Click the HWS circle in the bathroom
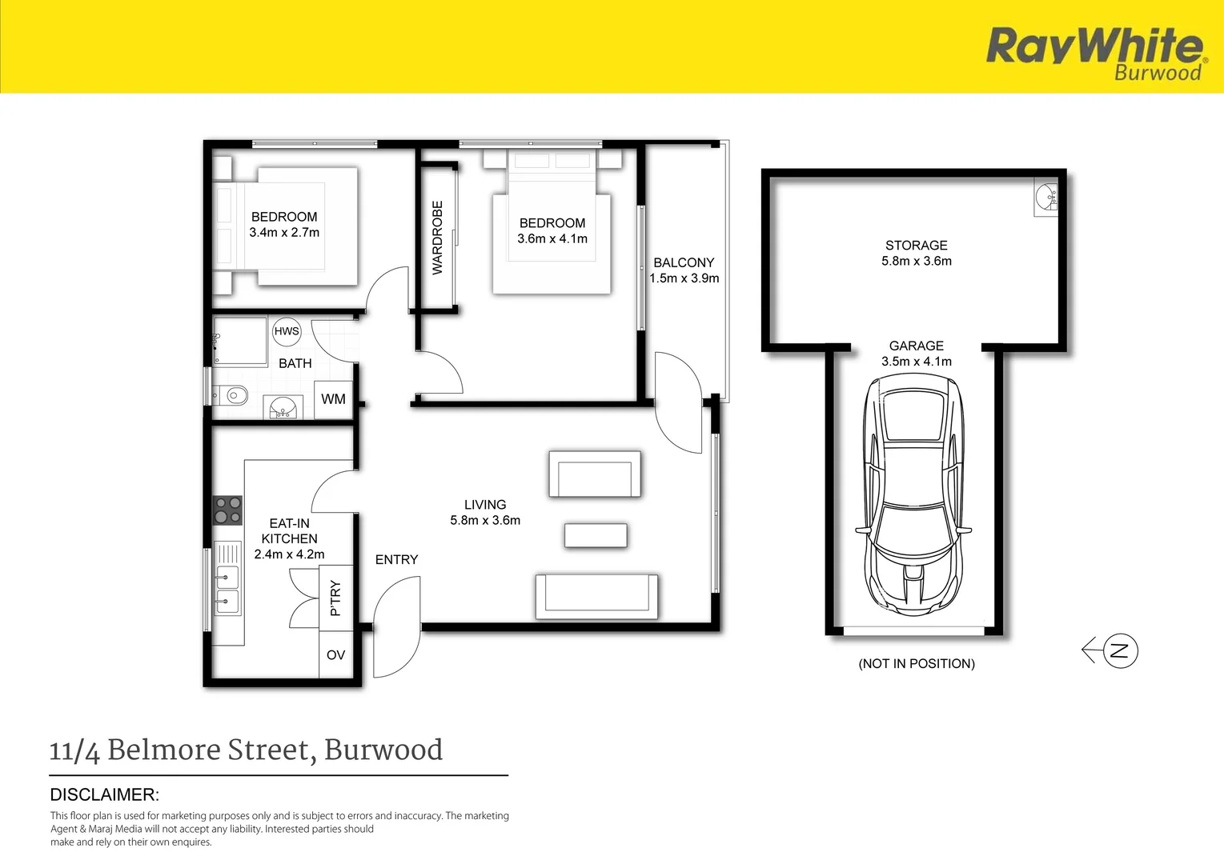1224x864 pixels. (x=287, y=331)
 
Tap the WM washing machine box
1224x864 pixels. (x=333, y=399)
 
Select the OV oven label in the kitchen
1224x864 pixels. (x=335, y=655)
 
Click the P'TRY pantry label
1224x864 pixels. (x=335, y=598)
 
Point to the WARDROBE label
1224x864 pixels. (x=438, y=238)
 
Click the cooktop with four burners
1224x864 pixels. (x=227, y=510)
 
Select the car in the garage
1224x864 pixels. (x=913, y=495)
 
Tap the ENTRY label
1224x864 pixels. (x=397, y=559)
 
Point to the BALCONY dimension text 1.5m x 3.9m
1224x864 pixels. (x=684, y=278)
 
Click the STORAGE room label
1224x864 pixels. (x=917, y=246)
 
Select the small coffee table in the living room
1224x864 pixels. (x=596, y=535)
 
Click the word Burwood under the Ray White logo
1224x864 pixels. (x=1158, y=73)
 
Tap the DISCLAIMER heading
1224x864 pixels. (x=104, y=794)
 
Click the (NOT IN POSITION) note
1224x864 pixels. (x=917, y=663)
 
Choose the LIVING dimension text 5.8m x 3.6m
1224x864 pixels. (x=485, y=520)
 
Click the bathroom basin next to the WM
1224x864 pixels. (x=283, y=407)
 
